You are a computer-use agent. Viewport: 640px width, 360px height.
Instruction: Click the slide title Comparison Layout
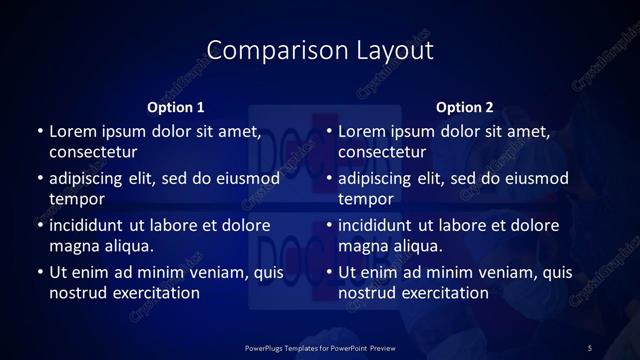point(320,50)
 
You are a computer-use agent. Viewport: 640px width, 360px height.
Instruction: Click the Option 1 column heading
point(176,107)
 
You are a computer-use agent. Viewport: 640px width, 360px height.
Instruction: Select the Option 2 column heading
point(465,107)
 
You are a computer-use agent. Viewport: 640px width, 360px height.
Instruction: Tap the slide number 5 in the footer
point(590,347)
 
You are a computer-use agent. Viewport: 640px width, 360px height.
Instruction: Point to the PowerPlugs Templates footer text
point(320,347)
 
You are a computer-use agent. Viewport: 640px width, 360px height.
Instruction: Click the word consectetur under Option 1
point(93,152)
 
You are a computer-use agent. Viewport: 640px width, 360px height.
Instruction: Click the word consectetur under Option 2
point(383,152)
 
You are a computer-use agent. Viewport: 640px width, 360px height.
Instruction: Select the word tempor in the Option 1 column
point(77,199)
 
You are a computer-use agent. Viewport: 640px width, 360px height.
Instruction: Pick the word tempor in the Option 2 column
point(367,199)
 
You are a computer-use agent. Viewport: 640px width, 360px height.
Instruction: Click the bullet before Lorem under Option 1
point(40,132)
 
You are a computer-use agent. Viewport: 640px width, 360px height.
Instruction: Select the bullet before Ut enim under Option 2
point(330,273)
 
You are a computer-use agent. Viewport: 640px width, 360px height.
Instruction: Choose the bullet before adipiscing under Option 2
point(330,179)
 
